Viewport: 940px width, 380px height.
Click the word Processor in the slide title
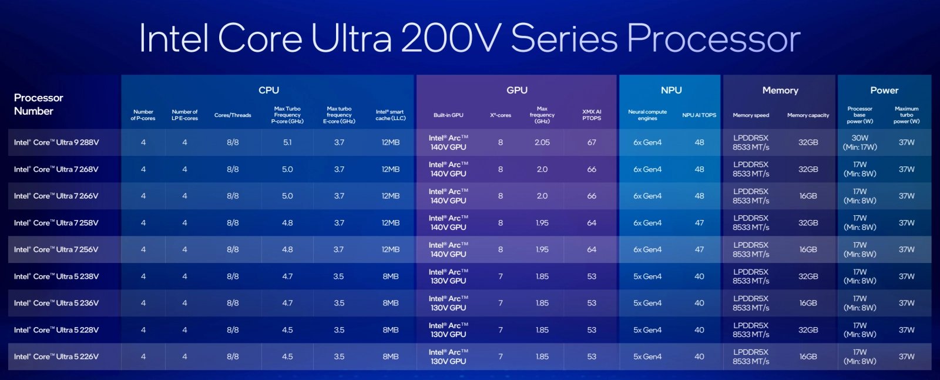click(713, 39)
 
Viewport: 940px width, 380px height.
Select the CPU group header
click(268, 90)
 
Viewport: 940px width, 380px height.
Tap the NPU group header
click(671, 90)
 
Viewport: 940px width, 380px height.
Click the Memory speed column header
click(750, 115)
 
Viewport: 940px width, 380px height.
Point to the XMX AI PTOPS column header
click(592, 115)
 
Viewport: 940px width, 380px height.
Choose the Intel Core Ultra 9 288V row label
click(56, 142)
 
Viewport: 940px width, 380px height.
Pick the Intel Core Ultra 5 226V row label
click(56, 356)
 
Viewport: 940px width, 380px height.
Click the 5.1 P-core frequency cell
click(287, 142)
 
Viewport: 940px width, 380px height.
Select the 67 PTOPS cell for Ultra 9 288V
click(592, 142)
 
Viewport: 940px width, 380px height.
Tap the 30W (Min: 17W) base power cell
click(860, 142)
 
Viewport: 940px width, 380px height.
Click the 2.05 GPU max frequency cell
click(542, 142)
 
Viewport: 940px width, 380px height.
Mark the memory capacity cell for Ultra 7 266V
click(808, 196)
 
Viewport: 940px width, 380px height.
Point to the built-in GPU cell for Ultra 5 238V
click(448, 276)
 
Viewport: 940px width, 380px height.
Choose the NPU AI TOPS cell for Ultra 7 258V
click(699, 223)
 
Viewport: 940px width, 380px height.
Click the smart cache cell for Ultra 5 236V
click(391, 303)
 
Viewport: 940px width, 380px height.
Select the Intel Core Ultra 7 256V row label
click(56, 249)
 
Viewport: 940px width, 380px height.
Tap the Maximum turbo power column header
click(907, 115)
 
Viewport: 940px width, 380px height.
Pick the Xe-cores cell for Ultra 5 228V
click(501, 330)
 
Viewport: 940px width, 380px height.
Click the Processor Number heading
click(38, 104)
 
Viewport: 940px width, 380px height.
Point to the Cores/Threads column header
click(233, 115)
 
